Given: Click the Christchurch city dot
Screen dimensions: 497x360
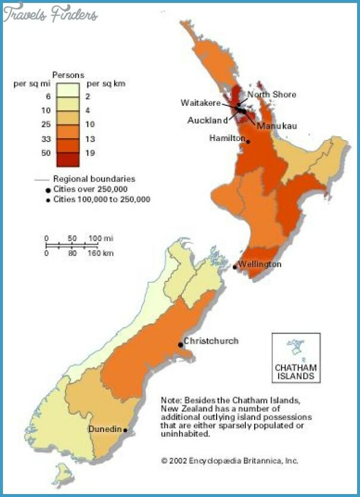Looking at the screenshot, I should click(x=180, y=345).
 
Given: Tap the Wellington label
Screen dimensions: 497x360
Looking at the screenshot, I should click(x=259, y=264).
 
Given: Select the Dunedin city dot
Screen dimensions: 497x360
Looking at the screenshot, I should click(x=126, y=429).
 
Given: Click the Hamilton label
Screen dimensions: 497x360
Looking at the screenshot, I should click(x=227, y=138).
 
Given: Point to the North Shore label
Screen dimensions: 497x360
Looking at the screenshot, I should click(x=271, y=95).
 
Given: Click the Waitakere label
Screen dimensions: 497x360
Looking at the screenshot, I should click(x=200, y=103).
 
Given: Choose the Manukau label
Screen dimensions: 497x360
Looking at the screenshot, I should click(x=277, y=126).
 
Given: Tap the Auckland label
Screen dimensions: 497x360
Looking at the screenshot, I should click(x=208, y=120).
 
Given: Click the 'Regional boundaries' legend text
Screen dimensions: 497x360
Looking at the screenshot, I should click(x=94, y=179).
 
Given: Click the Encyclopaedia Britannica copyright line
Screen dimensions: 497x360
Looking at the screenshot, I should click(x=230, y=461).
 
